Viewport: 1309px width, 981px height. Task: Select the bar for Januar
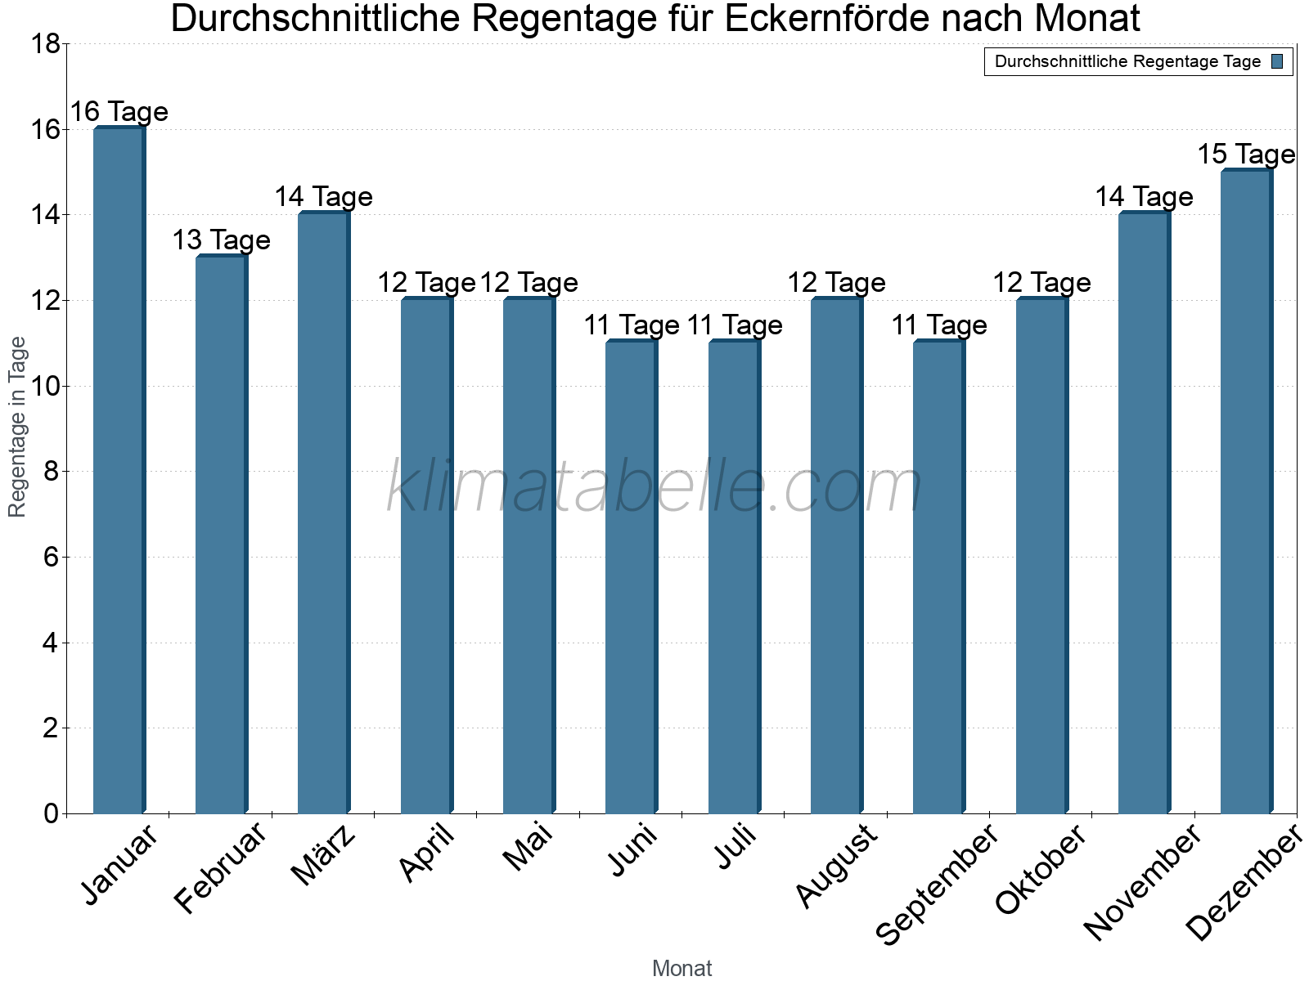(x=119, y=470)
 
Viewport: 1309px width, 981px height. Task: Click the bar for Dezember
(x=1246, y=491)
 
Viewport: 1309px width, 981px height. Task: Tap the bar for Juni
(x=631, y=576)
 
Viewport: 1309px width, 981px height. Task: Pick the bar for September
(x=938, y=576)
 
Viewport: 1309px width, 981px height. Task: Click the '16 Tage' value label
(x=119, y=112)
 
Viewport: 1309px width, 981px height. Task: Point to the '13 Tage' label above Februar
(x=222, y=240)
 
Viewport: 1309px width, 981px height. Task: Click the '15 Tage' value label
(x=1246, y=155)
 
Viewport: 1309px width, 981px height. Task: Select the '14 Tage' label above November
(x=1144, y=197)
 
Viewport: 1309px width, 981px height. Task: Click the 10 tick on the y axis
(x=45, y=386)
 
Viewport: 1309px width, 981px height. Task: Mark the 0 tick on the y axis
(x=52, y=813)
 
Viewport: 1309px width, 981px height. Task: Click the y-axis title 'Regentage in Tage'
(x=18, y=427)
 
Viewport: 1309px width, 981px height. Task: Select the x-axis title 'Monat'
(x=681, y=969)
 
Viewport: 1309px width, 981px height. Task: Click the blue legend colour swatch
(x=1278, y=62)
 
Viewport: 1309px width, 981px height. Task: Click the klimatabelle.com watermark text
(x=654, y=487)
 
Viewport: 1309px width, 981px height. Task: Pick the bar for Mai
(x=529, y=556)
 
